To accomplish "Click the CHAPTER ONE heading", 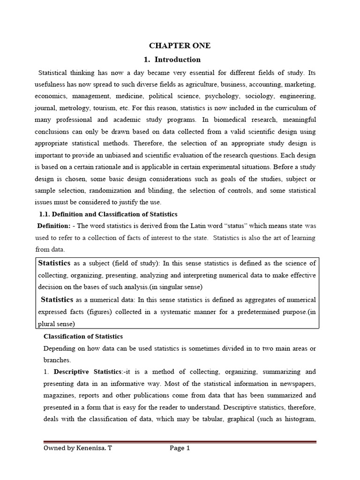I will pyautogui.click(x=180, y=45).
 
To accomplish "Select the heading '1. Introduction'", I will pyautogui.click(x=172, y=60).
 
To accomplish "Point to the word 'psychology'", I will pyautogui.click(x=213, y=96).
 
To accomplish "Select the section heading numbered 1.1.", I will pyautogui.click(x=108, y=214).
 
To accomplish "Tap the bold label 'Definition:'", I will pyautogui.click(x=54, y=226).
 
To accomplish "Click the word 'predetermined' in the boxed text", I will pyautogui.click(x=255, y=312).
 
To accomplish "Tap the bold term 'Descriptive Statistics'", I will pyautogui.click(x=87, y=372).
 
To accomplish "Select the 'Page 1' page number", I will pyautogui.click(x=180, y=448).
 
